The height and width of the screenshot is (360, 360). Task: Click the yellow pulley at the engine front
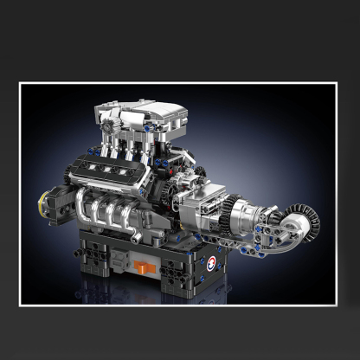(42, 208)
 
